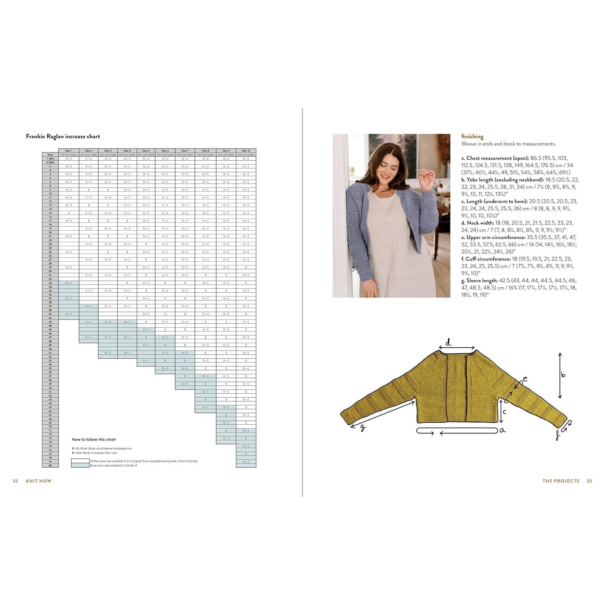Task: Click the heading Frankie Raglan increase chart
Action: [x=63, y=136]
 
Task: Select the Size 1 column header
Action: [x=69, y=150]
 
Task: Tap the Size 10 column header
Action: [x=246, y=150]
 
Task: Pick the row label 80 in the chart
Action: [x=50, y=465]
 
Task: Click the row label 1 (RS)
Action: [x=50, y=159]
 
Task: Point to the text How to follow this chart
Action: [x=94, y=440]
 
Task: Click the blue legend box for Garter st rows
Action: [x=80, y=465]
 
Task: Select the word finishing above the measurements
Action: [x=472, y=136]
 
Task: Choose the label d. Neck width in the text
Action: [x=478, y=223]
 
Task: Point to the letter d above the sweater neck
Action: [x=449, y=343]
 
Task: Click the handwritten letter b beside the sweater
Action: [x=563, y=375]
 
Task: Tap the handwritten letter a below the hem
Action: [x=503, y=430]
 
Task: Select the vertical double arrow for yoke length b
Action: [x=560, y=376]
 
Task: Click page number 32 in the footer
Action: [x=15, y=481]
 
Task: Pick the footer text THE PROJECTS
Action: [x=561, y=481]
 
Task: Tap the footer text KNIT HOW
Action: [x=39, y=481]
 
